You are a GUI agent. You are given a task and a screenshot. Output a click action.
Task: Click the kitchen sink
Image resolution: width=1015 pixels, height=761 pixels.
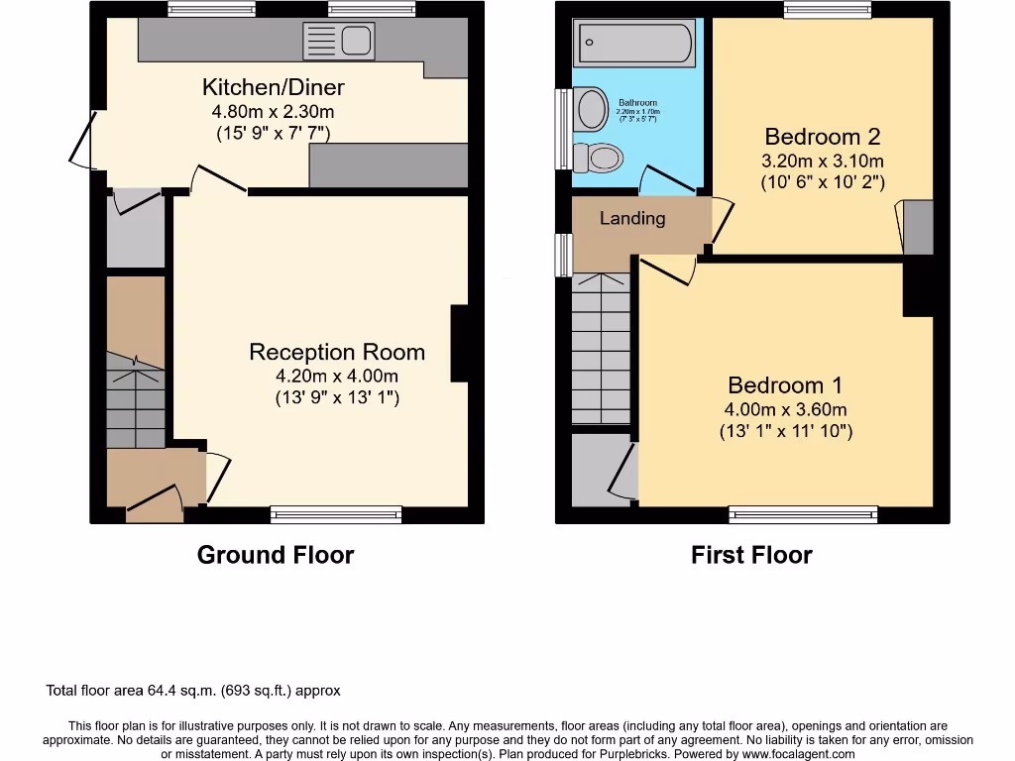tap(341, 42)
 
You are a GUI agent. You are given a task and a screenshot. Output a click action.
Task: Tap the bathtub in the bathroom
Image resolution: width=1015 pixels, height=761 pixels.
tap(634, 44)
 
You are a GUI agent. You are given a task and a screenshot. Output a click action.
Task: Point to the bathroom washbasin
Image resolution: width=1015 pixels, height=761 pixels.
tap(591, 109)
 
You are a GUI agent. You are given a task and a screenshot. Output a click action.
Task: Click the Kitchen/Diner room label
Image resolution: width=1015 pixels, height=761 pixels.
tap(274, 87)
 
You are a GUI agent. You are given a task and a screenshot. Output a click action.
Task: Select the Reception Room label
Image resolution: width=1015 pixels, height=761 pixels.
tap(337, 352)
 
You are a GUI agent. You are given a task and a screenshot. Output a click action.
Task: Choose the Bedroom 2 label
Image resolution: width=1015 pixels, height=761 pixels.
tap(823, 137)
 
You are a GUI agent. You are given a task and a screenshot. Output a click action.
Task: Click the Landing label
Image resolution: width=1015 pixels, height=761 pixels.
tap(632, 218)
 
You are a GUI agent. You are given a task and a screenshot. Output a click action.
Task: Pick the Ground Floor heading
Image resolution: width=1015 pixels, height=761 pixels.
tap(276, 555)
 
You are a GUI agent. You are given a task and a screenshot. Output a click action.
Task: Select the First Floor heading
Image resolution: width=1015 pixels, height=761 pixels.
tap(751, 555)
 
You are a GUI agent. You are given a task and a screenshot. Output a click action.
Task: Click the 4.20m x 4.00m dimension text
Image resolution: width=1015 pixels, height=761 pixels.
tap(337, 377)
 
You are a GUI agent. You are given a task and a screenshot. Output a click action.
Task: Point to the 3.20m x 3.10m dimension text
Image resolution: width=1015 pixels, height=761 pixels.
tap(823, 161)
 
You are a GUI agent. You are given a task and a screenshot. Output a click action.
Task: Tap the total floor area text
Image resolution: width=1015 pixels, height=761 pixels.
tap(193, 691)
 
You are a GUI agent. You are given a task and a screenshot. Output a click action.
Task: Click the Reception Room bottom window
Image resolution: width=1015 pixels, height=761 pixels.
tap(336, 514)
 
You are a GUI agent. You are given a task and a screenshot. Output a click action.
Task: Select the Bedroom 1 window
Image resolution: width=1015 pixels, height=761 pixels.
tap(803, 514)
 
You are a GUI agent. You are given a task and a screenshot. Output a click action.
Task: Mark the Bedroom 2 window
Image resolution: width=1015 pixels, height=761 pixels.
tap(828, 10)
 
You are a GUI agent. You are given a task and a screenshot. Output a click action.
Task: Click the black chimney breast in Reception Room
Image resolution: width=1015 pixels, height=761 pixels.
tap(460, 343)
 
